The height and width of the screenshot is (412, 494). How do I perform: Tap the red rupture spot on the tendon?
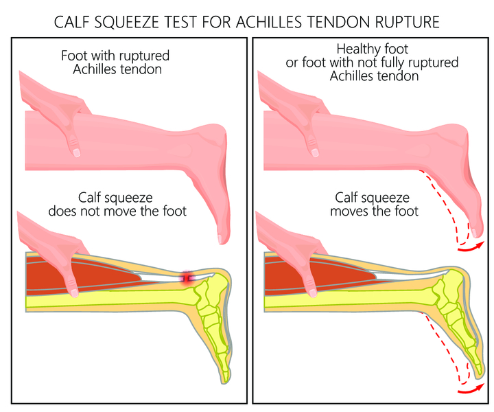coord(186,277)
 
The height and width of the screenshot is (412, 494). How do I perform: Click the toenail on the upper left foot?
coord(221,238)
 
